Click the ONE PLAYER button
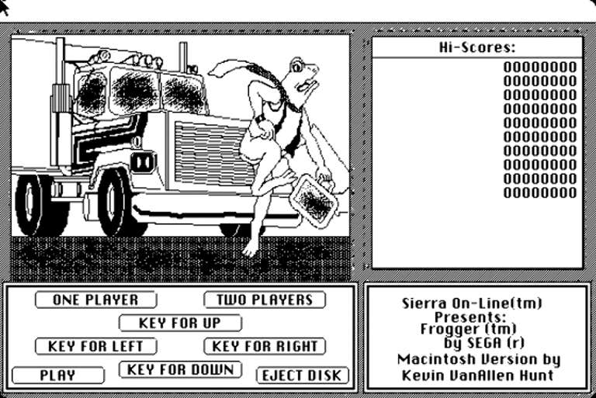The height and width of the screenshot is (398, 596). [95, 300]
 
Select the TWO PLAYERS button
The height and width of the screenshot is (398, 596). [265, 300]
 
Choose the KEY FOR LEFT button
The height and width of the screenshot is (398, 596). [95, 346]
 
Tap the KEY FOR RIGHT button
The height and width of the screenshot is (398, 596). [265, 346]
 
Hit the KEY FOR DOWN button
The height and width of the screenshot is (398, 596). [180, 370]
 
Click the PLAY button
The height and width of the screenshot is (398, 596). [57, 376]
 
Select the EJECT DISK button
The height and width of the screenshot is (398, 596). [302, 376]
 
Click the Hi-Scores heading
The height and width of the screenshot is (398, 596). [477, 47]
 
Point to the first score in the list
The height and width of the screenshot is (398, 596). [540, 67]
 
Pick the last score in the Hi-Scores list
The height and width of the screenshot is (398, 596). [540, 192]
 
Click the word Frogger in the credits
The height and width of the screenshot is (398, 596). [446, 329]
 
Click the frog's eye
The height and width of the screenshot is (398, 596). [297, 67]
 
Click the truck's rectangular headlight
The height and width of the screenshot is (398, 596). [143, 162]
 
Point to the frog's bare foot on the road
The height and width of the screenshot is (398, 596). [251, 247]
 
